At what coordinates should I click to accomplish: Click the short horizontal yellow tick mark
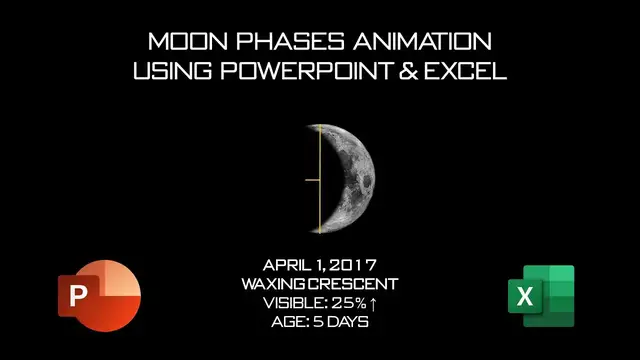pyautogui.click(x=312, y=180)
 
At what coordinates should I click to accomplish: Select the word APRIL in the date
pyautogui.click(x=288, y=265)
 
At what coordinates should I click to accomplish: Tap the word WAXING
pyautogui.click(x=272, y=284)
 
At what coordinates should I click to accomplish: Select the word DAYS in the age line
pyautogui.click(x=350, y=322)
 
